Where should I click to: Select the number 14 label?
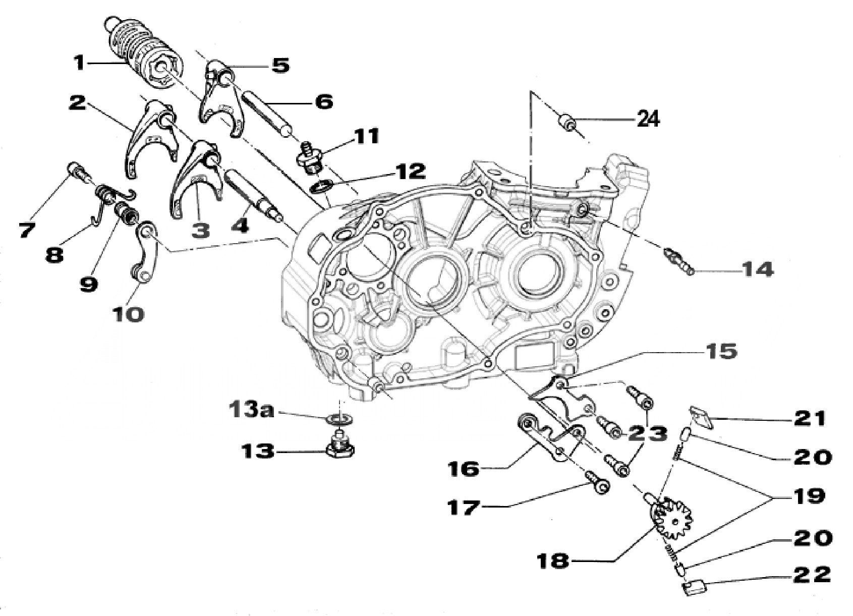[x=756, y=269]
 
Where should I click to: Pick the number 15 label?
[x=722, y=351]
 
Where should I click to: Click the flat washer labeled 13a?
[x=341, y=419]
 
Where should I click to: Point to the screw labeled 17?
[x=597, y=481]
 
